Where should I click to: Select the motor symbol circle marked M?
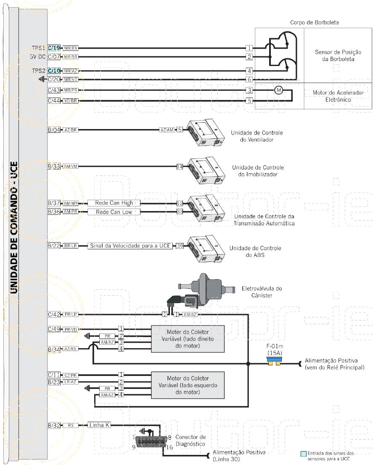[x=278, y=90]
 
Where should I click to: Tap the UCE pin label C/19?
[x=54, y=48]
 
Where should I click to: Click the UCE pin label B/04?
[x=54, y=130]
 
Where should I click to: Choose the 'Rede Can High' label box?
[x=114, y=203]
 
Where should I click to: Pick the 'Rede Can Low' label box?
[x=114, y=212]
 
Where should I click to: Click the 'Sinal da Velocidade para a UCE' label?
[x=130, y=246]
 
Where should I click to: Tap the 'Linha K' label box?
[x=99, y=425]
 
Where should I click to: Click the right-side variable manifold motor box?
[x=188, y=339]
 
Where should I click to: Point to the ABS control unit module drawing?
[x=205, y=249]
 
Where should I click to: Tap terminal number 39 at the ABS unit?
[x=180, y=246]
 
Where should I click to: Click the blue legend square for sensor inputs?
[x=303, y=454]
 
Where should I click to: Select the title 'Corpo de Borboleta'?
[x=314, y=22]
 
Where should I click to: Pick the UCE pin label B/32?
[x=54, y=425]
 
